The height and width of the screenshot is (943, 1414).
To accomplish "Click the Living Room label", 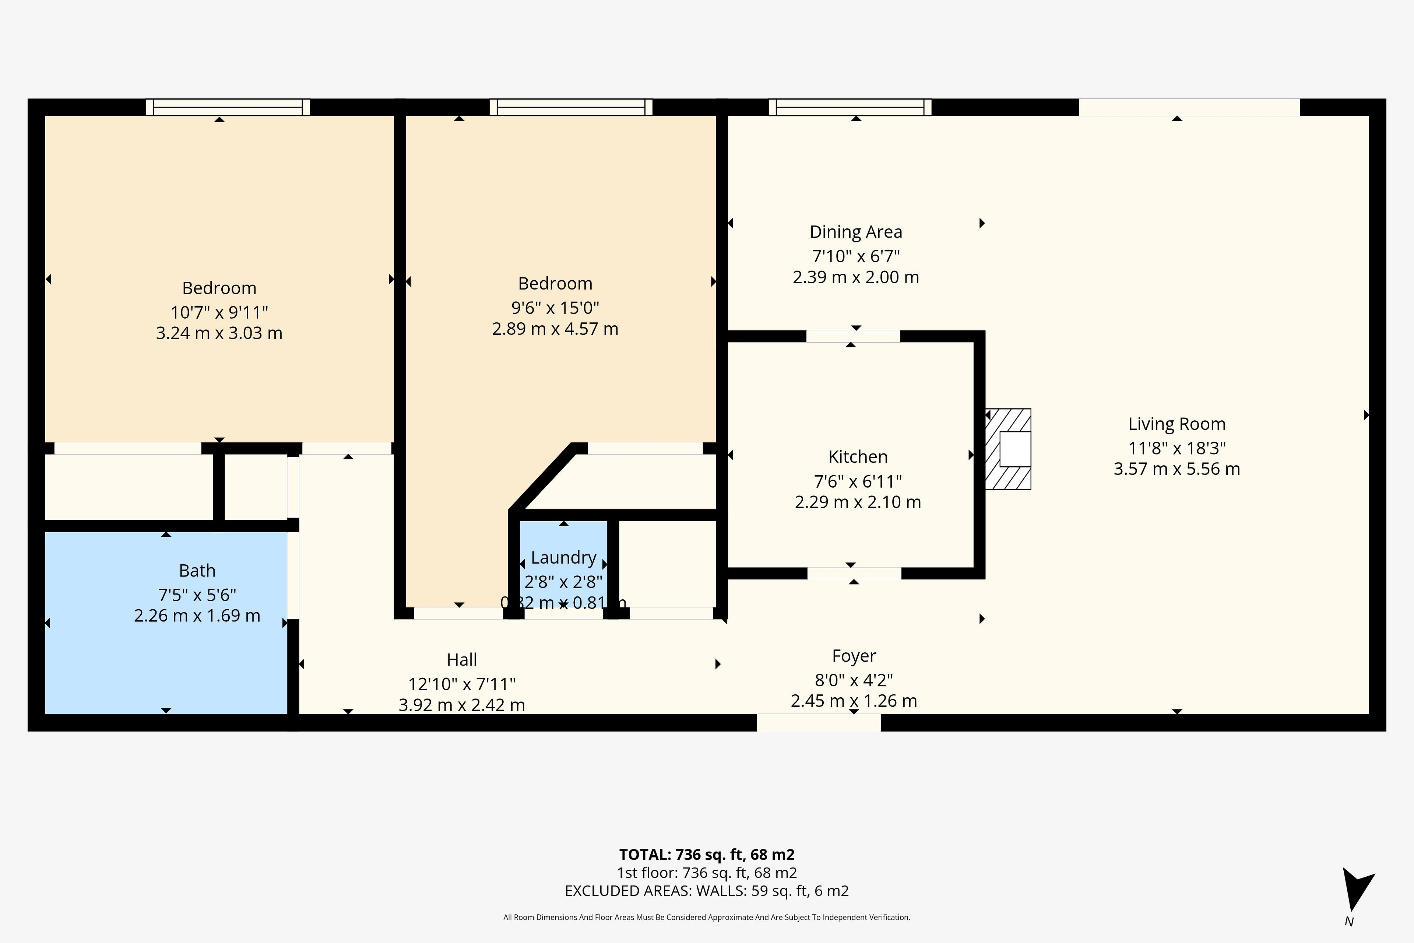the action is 1176,424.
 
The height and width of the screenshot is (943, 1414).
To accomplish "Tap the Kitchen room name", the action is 858,457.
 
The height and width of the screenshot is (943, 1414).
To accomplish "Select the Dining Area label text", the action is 855,232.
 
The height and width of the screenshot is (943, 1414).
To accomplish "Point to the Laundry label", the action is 563,558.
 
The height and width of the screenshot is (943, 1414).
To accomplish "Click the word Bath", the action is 197,571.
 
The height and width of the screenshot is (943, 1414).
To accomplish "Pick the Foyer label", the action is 854,656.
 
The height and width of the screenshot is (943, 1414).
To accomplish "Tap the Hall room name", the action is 462,660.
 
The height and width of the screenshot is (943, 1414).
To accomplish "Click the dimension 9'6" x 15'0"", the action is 555,308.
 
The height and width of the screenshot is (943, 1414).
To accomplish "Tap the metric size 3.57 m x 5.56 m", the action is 1176,469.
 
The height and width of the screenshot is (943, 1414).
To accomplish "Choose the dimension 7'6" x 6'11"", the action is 858,482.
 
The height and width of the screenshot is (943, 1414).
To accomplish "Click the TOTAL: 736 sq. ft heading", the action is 707,855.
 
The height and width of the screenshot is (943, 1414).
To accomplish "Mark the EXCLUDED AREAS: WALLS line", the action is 707,891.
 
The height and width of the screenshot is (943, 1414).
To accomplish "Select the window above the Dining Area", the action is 850,107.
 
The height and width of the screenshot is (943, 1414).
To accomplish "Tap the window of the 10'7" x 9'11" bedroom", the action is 228,107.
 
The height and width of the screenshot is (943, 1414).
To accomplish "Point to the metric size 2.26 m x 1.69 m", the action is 197,616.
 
